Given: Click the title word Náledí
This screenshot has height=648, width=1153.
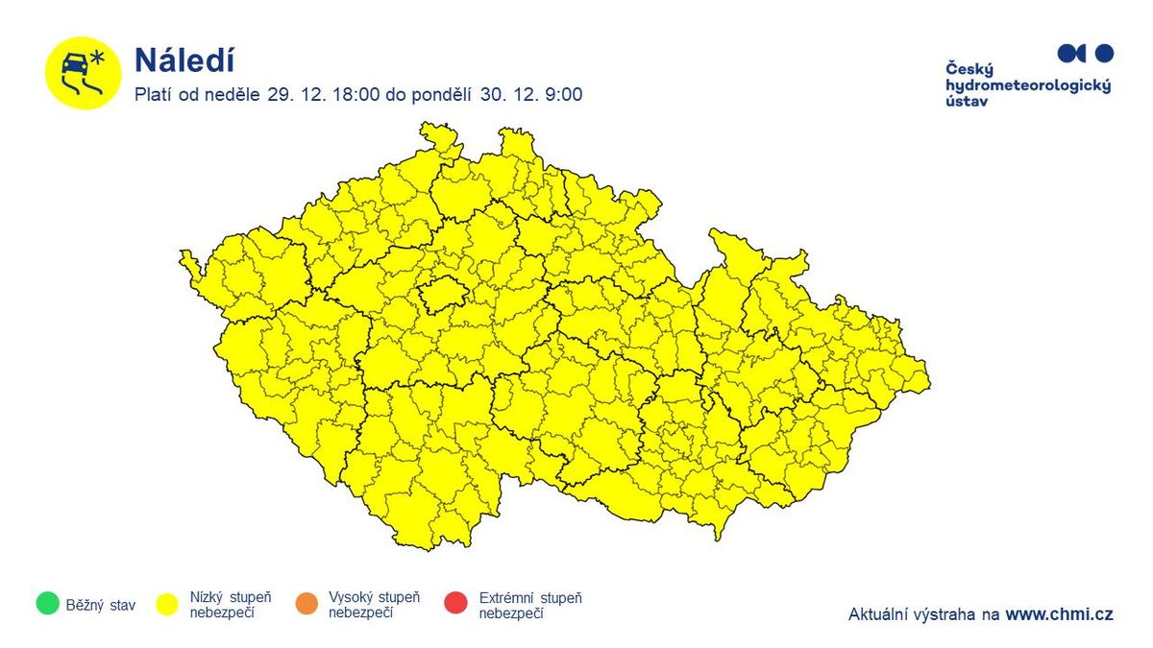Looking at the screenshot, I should click(184, 60).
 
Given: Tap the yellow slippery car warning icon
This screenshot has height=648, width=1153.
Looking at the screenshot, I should click(83, 73).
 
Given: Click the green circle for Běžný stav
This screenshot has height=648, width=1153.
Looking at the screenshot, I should click(45, 604).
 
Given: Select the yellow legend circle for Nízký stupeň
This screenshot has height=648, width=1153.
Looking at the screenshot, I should click(169, 604).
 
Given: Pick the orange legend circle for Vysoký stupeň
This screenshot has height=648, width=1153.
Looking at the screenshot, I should click(307, 604).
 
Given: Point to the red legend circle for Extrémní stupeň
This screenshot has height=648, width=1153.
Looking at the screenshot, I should click(455, 604).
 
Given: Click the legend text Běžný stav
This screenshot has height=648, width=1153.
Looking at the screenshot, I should click(101, 605).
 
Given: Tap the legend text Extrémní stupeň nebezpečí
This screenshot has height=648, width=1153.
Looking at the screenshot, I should click(530, 605).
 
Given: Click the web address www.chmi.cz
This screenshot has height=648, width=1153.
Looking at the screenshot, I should click(1059, 614).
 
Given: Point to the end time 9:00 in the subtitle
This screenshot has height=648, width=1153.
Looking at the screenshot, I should click(564, 95).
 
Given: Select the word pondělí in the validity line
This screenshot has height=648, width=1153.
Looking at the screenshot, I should click(445, 95).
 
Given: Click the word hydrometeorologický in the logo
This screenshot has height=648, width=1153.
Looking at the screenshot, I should click(1028, 85).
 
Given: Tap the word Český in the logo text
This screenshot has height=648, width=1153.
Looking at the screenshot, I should click(969, 69).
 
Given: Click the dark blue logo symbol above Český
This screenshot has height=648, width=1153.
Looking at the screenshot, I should click(1085, 53).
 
